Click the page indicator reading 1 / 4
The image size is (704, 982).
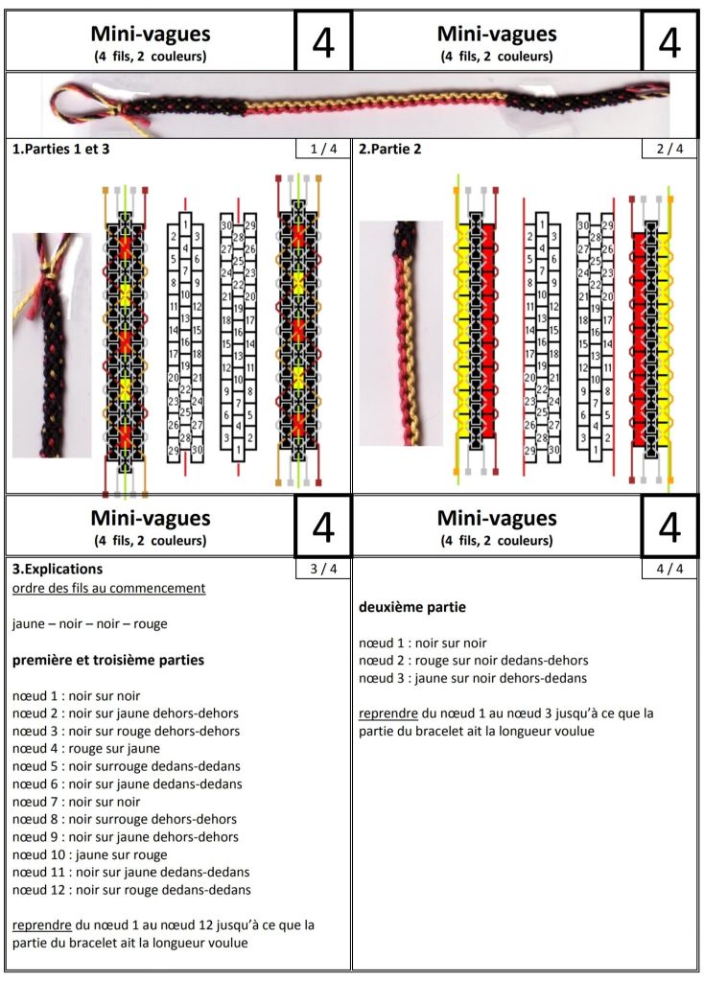(324, 149)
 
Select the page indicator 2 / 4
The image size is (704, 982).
(669, 149)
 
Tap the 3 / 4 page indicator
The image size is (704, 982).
(324, 569)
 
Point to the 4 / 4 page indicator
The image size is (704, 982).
(669, 569)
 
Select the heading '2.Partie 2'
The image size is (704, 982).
(390, 149)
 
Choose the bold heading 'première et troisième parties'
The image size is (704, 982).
(108, 661)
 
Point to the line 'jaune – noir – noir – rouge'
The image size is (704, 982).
(90, 624)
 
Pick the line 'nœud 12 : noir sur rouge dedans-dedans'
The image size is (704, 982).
(131, 890)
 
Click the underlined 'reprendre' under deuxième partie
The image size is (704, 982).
(387, 713)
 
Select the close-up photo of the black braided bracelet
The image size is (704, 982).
(51, 345)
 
